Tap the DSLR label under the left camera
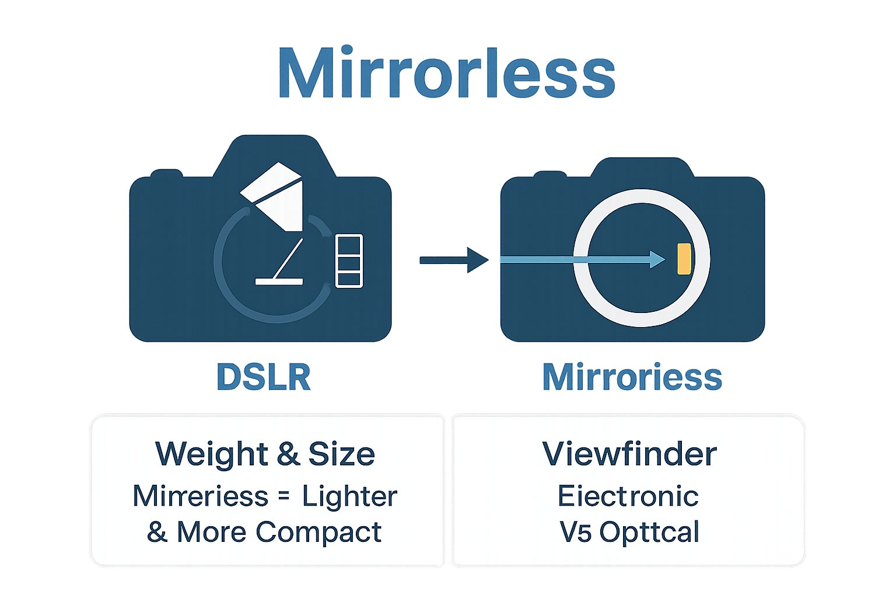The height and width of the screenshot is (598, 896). (x=264, y=377)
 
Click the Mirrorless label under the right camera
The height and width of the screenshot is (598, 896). (x=632, y=377)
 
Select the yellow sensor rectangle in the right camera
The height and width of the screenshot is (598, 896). (x=684, y=259)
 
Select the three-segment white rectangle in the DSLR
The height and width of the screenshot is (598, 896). (x=349, y=260)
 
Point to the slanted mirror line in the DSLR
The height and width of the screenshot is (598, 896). (x=289, y=259)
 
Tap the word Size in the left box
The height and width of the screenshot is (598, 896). (x=341, y=454)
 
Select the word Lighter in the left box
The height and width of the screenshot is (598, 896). (x=349, y=496)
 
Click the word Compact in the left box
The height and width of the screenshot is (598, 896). (x=318, y=532)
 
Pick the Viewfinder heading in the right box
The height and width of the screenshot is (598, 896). (x=629, y=454)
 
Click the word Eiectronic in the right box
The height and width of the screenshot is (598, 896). (x=628, y=496)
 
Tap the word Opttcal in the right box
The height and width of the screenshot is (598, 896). (x=649, y=532)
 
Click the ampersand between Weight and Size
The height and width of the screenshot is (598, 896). (x=288, y=454)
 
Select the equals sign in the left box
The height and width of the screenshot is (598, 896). (x=283, y=496)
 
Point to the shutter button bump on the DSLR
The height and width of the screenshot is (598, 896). (x=166, y=173)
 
